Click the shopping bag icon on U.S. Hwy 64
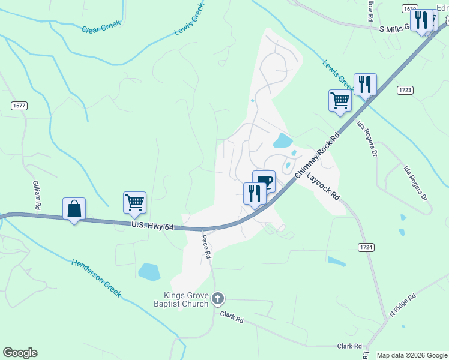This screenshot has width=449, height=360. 74,209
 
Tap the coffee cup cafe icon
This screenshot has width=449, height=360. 264,181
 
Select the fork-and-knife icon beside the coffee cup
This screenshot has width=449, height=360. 255,193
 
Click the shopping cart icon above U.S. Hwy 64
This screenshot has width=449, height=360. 134,203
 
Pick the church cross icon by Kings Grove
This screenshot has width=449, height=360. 218,298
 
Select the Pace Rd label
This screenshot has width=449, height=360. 206,247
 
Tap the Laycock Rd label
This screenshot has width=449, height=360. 323,187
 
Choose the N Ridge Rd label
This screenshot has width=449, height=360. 402,305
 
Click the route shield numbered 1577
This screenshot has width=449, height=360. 19,106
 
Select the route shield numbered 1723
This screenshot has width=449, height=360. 405,90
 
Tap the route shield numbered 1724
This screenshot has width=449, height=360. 365,247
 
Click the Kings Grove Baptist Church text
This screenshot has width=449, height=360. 187,299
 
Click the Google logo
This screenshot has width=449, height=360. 20,353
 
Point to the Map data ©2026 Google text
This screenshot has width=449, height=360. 411,355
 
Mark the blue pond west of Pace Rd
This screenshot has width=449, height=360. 149,272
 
